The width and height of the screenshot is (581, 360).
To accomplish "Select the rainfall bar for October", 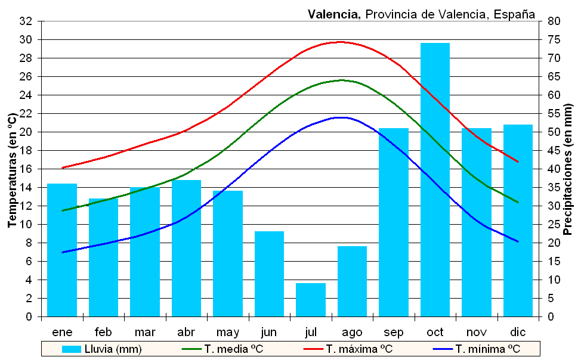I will point(435,179).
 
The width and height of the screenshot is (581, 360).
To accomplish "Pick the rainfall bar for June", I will point(269,274).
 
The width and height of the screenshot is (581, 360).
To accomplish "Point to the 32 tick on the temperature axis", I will point(26,21).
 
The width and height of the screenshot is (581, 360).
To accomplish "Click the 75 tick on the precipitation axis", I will point(554,40).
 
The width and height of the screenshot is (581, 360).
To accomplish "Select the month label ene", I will point(62,332).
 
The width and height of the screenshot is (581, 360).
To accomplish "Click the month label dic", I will point(518,332).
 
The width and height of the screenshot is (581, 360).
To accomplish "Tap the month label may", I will point(228,332).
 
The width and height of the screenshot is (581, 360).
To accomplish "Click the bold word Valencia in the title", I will point(334,14).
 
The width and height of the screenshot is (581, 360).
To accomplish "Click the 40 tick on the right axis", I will point(554,169).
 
